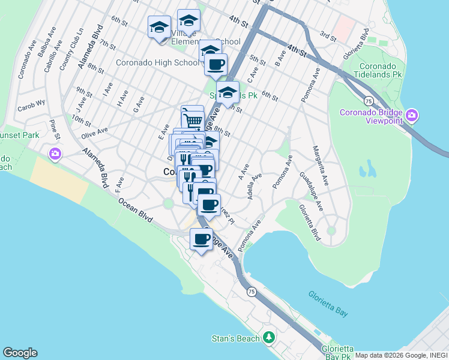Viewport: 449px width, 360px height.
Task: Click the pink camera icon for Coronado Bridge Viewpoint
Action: (411, 115)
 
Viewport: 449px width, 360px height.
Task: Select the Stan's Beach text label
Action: (236, 338)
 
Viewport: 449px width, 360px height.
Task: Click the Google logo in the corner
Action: (19, 353)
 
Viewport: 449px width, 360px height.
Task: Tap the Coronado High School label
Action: (157, 62)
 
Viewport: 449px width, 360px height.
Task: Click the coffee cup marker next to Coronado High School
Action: (215, 64)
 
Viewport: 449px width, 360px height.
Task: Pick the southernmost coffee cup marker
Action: (202, 239)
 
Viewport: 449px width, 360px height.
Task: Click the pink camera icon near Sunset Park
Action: (55, 154)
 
